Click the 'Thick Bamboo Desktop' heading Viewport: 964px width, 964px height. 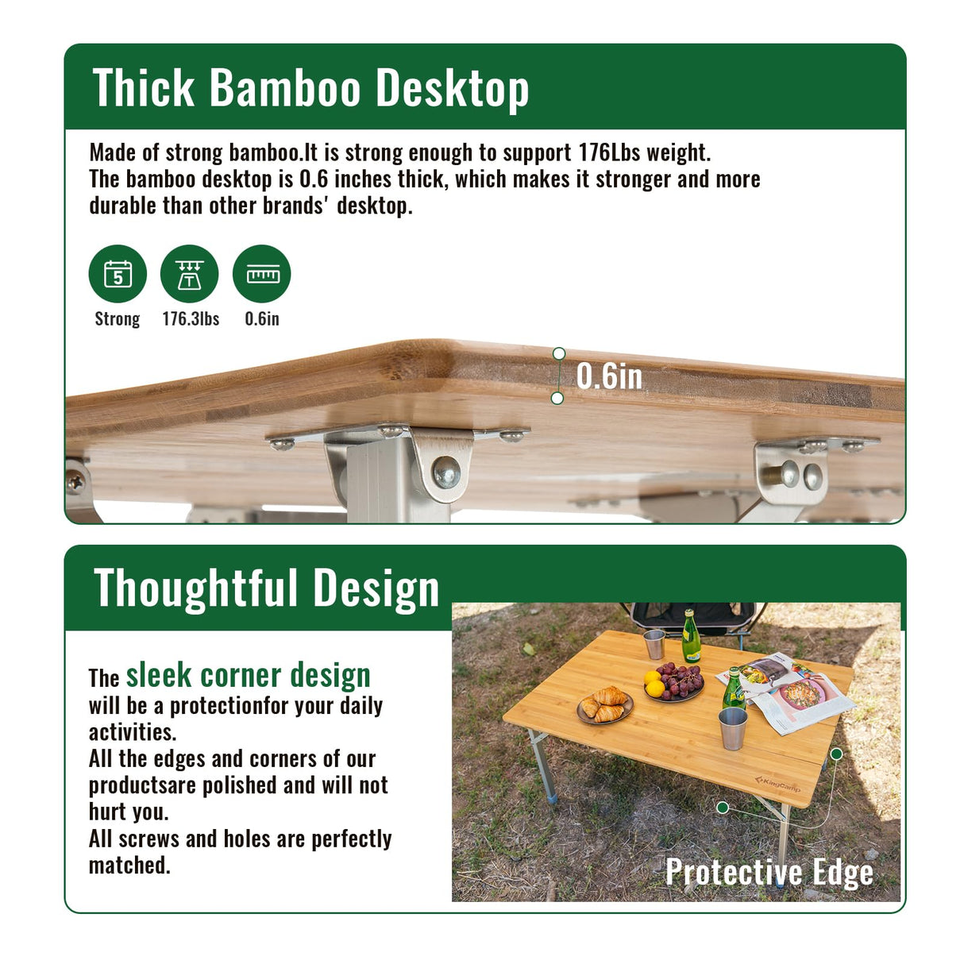[310, 87]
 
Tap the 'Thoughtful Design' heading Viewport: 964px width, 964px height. [267, 588]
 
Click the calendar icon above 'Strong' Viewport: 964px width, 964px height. [118, 274]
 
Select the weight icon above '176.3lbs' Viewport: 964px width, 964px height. [189, 274]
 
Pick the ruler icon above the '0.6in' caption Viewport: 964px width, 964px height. [262, 274]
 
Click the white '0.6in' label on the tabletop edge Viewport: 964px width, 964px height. [609, 376]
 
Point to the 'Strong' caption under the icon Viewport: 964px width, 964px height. [118, 318]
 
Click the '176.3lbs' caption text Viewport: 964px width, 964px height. [191, 318]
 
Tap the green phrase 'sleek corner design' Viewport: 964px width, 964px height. [249, 675]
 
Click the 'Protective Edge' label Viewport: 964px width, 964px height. [769, 871]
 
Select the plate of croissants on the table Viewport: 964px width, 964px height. [605, 705]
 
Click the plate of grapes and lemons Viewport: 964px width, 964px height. [674, 682]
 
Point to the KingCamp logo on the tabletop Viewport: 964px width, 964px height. [777, 785]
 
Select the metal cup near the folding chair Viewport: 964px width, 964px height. [654, 643]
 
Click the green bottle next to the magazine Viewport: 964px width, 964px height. [733, 688]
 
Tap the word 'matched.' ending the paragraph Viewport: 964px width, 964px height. [129, 865]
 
